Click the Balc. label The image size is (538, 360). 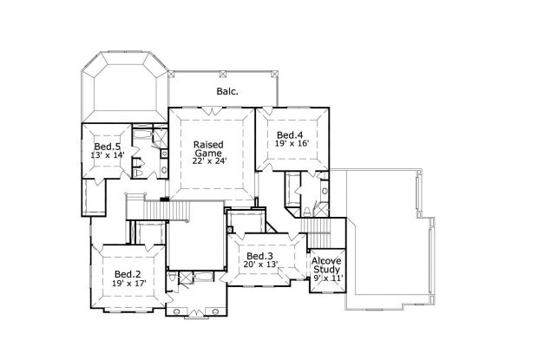227,90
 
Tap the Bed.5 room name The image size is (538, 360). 107,147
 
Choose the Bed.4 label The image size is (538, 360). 290,135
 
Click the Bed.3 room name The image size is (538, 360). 259,257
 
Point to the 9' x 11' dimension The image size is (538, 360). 328,278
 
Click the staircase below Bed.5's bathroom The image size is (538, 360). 153,208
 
